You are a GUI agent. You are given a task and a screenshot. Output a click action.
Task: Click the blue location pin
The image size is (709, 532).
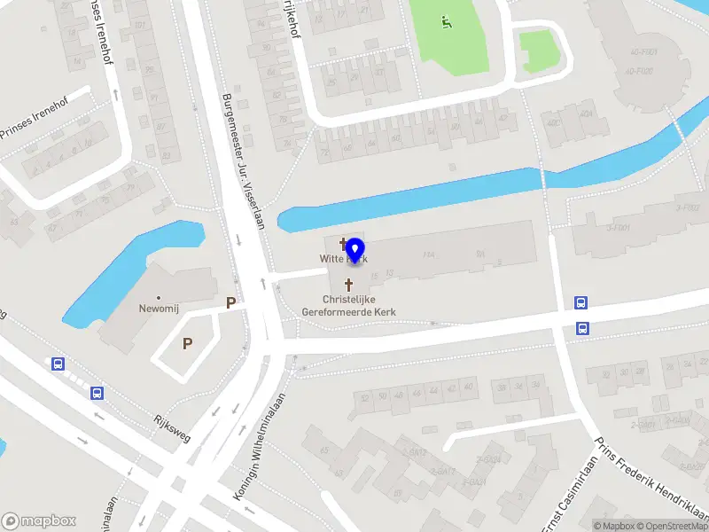[355, 250]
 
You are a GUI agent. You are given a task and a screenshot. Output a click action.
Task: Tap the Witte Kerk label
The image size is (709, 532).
[343, 259]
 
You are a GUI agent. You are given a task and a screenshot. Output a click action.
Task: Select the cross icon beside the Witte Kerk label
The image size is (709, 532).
[343, 243]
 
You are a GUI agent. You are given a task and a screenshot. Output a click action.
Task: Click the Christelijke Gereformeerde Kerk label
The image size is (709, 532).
[348, 306]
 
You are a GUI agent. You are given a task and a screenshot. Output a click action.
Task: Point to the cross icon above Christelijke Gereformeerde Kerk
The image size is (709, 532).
[348, 286]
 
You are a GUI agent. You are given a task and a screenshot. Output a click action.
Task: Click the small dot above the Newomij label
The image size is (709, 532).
[160, 298]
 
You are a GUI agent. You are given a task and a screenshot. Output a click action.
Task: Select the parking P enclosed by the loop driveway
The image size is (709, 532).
[187, 343]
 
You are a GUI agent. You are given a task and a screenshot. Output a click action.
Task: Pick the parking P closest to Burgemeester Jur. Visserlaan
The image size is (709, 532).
[231, 302]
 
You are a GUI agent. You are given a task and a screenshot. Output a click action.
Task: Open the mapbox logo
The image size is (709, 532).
[38, 521]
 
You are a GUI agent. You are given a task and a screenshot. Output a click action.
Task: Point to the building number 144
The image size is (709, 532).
[429, 254]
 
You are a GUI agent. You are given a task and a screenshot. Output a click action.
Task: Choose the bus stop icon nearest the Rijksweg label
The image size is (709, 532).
[97, 393]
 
